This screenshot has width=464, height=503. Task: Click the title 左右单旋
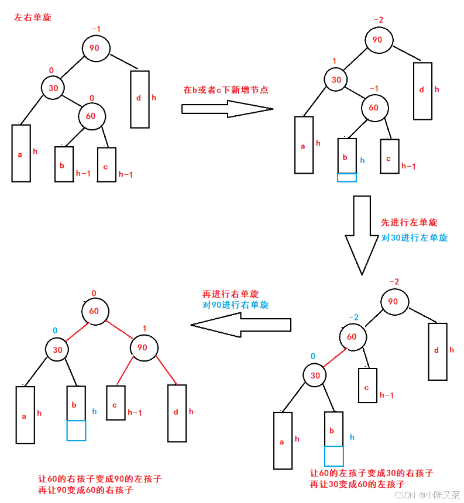click(x=33, y=18)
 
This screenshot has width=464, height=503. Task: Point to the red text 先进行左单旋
click(x=409, y=222)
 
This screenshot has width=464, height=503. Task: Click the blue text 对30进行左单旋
click(x=414, y=237)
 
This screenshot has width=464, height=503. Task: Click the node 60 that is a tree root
click(x=94, y=311)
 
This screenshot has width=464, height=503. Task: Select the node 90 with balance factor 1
click(x=142, y=347)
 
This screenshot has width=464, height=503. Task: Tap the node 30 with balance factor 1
click(x=336, y=80)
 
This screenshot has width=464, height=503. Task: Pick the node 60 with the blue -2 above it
click(x=352, y=337)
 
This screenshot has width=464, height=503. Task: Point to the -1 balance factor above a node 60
click(x=374, y=88)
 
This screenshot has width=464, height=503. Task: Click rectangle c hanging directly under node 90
click(x=116, y=402)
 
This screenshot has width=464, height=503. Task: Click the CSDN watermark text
click(x=427, y=495)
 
